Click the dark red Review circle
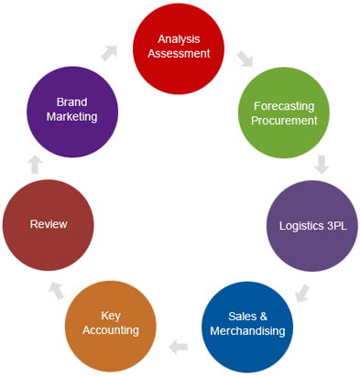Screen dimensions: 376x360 [x=48, y=223]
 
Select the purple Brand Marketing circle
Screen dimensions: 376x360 [x=71, y=111]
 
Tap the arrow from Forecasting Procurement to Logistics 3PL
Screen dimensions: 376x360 [x=322, y=166]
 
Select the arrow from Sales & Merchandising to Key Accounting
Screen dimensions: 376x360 [x=179, y=347]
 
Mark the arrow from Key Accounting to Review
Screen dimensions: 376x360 [x=56, y=291]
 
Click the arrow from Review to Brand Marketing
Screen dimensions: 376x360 [x=35, y=165]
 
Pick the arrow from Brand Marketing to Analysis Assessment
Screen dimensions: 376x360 [x=110, y=53]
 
